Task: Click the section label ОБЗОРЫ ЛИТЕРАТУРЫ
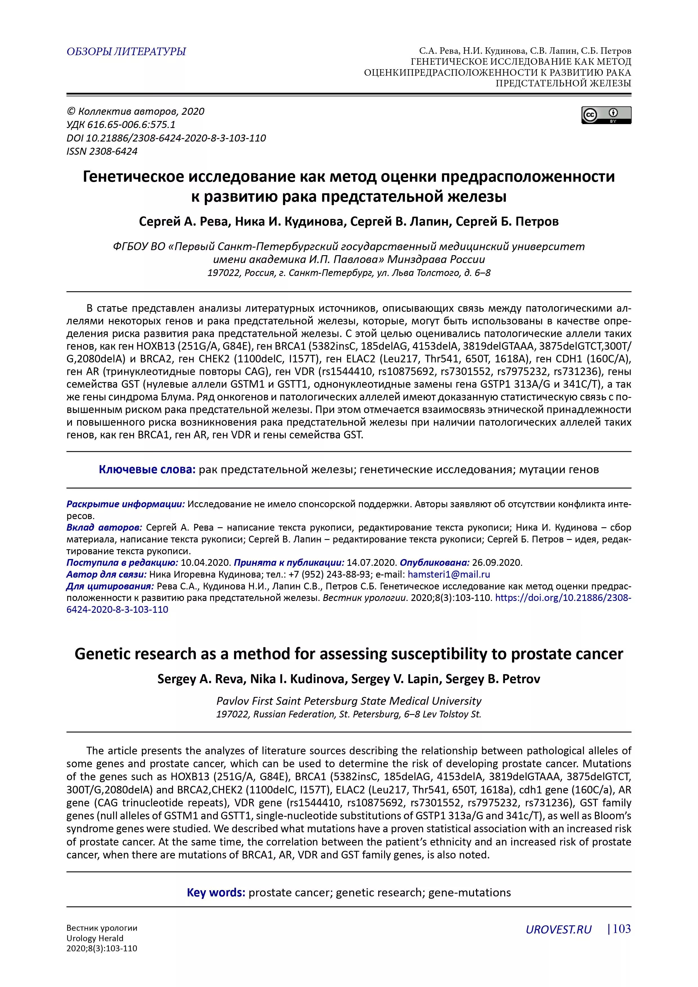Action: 126,51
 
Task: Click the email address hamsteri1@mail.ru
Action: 449,574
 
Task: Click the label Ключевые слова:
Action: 147,469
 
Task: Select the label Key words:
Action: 216,892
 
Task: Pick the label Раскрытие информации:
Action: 125,504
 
